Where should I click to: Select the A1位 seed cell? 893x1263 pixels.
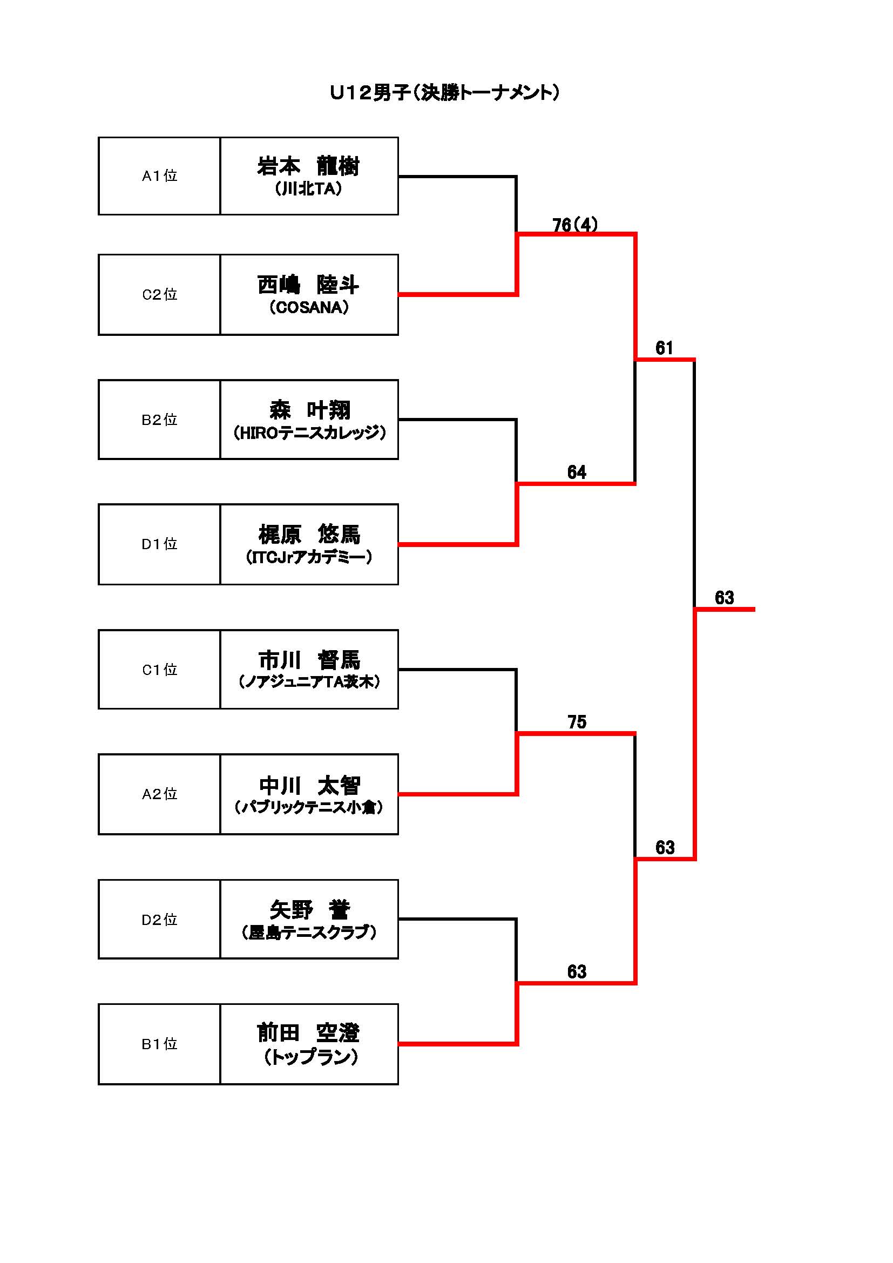[159, 176]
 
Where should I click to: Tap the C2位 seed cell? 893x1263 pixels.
[159, 295]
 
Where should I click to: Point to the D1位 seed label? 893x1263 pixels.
[159, 544]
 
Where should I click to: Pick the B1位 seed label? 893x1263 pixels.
[159, 1044]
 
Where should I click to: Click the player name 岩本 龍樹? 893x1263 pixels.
[308, 166]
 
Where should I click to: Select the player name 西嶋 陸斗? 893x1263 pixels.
[308, 285]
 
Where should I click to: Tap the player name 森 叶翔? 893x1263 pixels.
[309, 410]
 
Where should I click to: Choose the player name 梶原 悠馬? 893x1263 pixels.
[309, 534]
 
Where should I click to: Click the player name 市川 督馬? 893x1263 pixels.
[309, 659]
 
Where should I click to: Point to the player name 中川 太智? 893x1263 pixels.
[309, 786]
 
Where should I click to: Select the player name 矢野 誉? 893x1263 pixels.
[309, 910]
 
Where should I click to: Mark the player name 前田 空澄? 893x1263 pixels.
[308, 1033]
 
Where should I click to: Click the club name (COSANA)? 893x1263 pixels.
[309, 307]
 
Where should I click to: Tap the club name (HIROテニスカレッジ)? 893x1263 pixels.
[309, 433]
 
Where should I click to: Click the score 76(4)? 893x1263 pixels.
[574, 225]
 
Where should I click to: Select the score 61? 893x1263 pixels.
[664, 348]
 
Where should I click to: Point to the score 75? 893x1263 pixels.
[577, 722]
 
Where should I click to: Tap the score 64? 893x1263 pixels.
[577, 472]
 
